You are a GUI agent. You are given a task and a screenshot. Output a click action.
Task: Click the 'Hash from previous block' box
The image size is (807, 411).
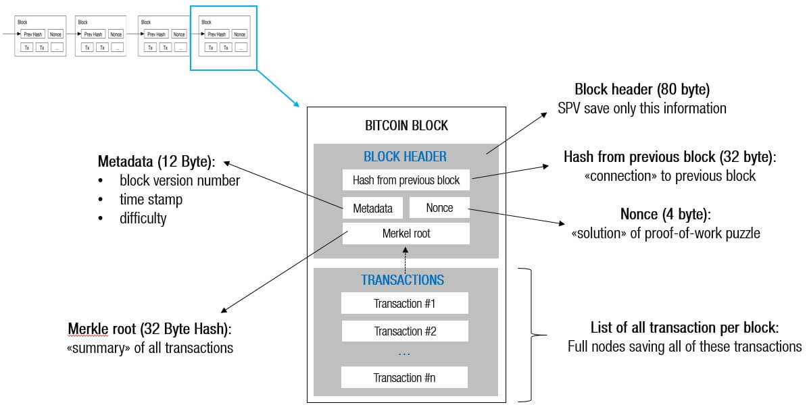[x=406, y=180]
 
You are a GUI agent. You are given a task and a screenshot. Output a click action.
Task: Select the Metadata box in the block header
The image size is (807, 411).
[x=372, y=208]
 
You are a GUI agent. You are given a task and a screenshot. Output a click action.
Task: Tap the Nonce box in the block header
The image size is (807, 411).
[x=439, y=208]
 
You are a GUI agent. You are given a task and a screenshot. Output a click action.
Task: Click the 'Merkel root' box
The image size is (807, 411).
[x=406, y=234]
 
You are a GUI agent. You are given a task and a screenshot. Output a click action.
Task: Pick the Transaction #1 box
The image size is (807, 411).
[x=404, y=303]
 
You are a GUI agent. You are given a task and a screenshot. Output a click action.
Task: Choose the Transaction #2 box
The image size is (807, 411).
[x=404, y=331]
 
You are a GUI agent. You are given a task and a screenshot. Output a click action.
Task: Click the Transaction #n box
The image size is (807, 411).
[x=404, y=377]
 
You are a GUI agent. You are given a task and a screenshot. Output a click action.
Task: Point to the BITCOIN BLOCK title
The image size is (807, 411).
[x=406, y=126]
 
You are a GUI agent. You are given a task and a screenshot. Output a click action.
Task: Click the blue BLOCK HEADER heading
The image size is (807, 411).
[x=405, y=157]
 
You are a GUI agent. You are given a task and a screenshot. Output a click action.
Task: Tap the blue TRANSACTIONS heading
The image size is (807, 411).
[x=402, y=279]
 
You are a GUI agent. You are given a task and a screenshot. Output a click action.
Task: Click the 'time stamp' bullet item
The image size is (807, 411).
[x=151, y=200]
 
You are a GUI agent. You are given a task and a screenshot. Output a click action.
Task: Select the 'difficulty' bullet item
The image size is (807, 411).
[x=143, y=219]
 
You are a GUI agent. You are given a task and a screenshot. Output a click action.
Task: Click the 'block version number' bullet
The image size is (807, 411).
[x=179, y=181]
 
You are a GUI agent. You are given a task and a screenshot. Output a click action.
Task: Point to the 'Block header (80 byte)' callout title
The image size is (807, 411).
[x=641, y=90]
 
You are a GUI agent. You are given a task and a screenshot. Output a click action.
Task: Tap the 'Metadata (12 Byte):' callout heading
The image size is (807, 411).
[x=156, y=162]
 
